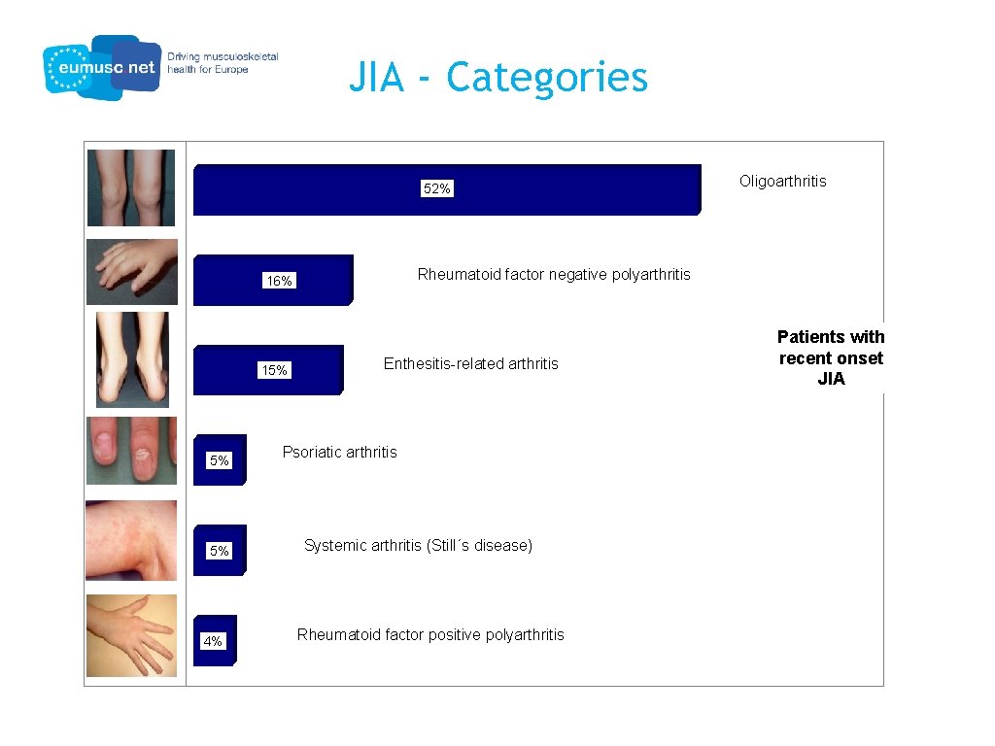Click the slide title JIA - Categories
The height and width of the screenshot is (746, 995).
tap(497, 77)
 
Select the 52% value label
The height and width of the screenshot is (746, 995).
tap(436, 189)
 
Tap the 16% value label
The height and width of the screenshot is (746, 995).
tap(280, 281)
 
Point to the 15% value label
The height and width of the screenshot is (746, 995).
tap(274, 370)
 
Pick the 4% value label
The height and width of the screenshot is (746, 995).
tap(213, 641)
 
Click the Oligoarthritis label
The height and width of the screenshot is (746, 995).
tap(782, 182)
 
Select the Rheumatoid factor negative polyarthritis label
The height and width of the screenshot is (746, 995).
tap(554, 274)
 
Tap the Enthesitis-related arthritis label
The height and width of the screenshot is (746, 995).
tap(470, 364)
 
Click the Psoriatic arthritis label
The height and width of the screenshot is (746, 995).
tap(339, 452)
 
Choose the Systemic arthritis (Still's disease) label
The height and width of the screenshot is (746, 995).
tap(418, 545)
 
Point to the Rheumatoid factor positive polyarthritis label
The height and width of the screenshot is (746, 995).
tap(430, 634)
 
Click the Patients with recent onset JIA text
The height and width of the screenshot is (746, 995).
tap(831, 357)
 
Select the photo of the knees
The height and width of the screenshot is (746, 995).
tap(131, 187)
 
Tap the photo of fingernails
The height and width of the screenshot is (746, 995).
tap(131, 451)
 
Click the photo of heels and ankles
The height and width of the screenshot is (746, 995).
tap(132, 359)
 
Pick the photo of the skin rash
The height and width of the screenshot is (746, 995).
tap(131, 540)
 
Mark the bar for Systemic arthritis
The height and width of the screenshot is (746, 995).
tap(219, 550)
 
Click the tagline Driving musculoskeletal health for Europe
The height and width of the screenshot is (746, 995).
tap(223, 63)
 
